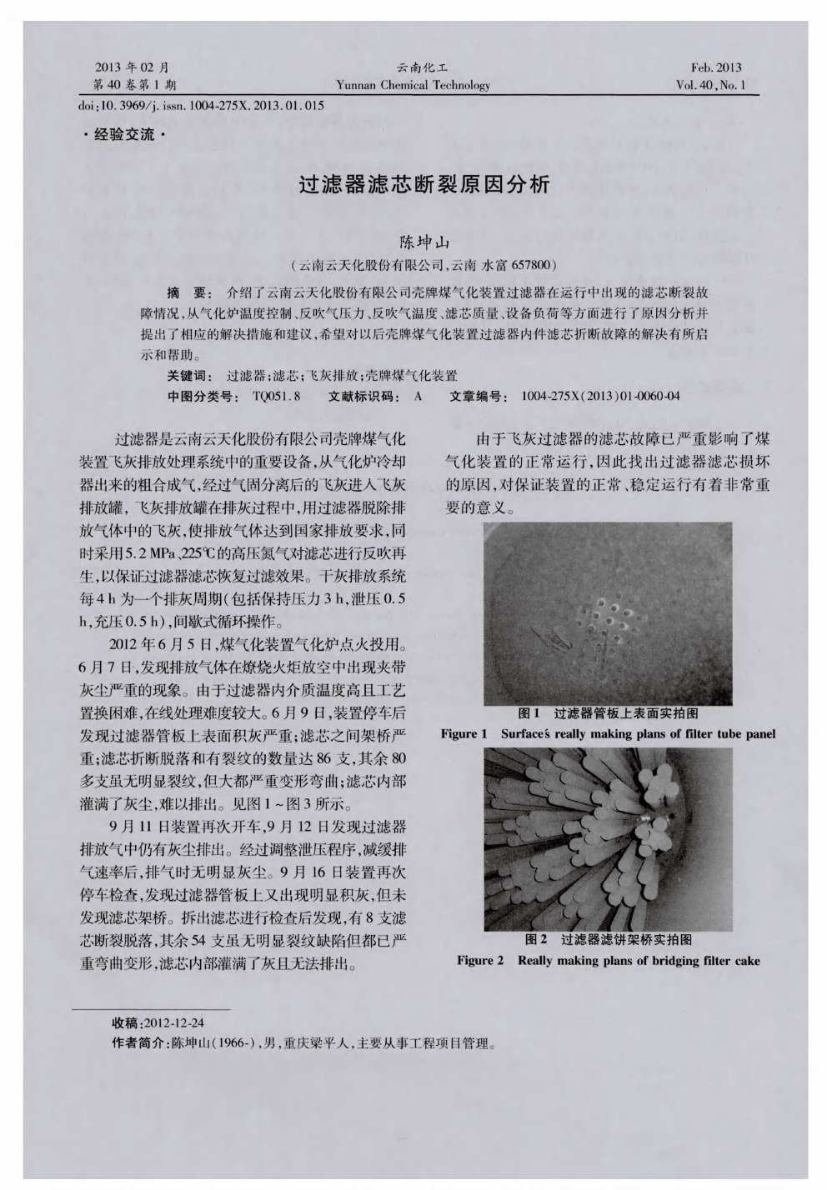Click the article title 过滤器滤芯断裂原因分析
coord(424,185)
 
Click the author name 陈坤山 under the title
coord(424,243)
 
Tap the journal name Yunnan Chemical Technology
coord(413,85)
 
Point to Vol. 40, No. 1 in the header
coord(710,85)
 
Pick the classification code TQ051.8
coord(276,396)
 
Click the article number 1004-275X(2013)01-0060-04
coord(599,396)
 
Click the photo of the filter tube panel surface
coord(607,613)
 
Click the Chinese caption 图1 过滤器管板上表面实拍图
coord(608,713)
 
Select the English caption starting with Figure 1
coord(608,734)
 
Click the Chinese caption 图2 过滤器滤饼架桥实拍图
coord(608,940)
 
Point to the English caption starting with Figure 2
coord(608,961)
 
